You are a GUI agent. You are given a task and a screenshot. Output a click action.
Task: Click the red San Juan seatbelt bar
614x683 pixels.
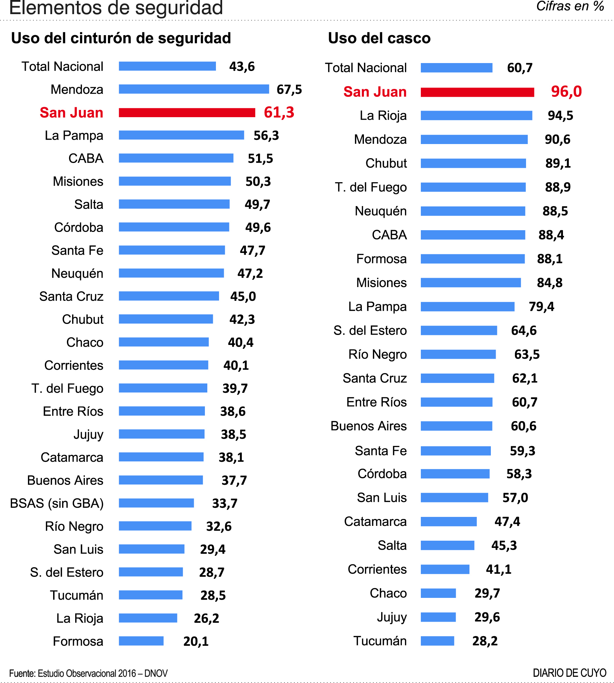pos(187,113)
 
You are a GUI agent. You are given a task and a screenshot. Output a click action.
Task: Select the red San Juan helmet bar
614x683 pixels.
pos(477,92)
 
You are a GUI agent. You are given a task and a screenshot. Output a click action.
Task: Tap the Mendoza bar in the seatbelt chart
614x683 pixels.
pos(194,89)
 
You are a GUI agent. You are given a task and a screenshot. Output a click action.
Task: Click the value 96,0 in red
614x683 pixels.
pos(566,92)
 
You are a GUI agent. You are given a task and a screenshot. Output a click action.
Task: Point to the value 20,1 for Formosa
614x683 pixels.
pos(196,641)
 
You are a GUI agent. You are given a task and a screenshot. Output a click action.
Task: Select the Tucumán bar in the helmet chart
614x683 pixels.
pos(437,641)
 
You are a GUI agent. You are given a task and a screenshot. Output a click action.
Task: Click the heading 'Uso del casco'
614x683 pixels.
pos(379,38)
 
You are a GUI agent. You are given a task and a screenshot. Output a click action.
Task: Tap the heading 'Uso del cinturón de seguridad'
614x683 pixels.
pos(121,38)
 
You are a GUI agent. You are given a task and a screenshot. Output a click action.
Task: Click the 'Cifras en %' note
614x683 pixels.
pos(570,6)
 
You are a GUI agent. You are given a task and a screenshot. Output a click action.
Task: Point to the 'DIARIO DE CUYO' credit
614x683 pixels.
pos(569,673)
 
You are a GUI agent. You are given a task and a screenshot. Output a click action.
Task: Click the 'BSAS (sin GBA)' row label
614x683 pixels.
pos(57,503)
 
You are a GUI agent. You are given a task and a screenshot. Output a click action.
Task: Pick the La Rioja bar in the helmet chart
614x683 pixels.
pos(476,115)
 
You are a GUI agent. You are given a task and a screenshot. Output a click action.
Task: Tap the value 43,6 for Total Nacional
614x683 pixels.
pos(242,67)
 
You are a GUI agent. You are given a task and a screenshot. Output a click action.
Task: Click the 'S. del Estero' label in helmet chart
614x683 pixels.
pos(370,330)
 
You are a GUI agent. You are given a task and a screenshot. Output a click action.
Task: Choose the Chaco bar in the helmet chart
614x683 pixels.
pos(438,593)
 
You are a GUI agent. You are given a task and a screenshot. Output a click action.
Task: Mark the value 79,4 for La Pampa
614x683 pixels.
pos(541,306)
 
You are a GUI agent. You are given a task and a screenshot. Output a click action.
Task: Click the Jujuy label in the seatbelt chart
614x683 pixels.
pos(88,435)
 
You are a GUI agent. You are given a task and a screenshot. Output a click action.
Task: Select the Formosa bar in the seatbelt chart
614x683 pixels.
pos(141,641)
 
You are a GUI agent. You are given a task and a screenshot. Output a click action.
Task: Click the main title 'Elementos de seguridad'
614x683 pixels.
pos(116,8)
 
